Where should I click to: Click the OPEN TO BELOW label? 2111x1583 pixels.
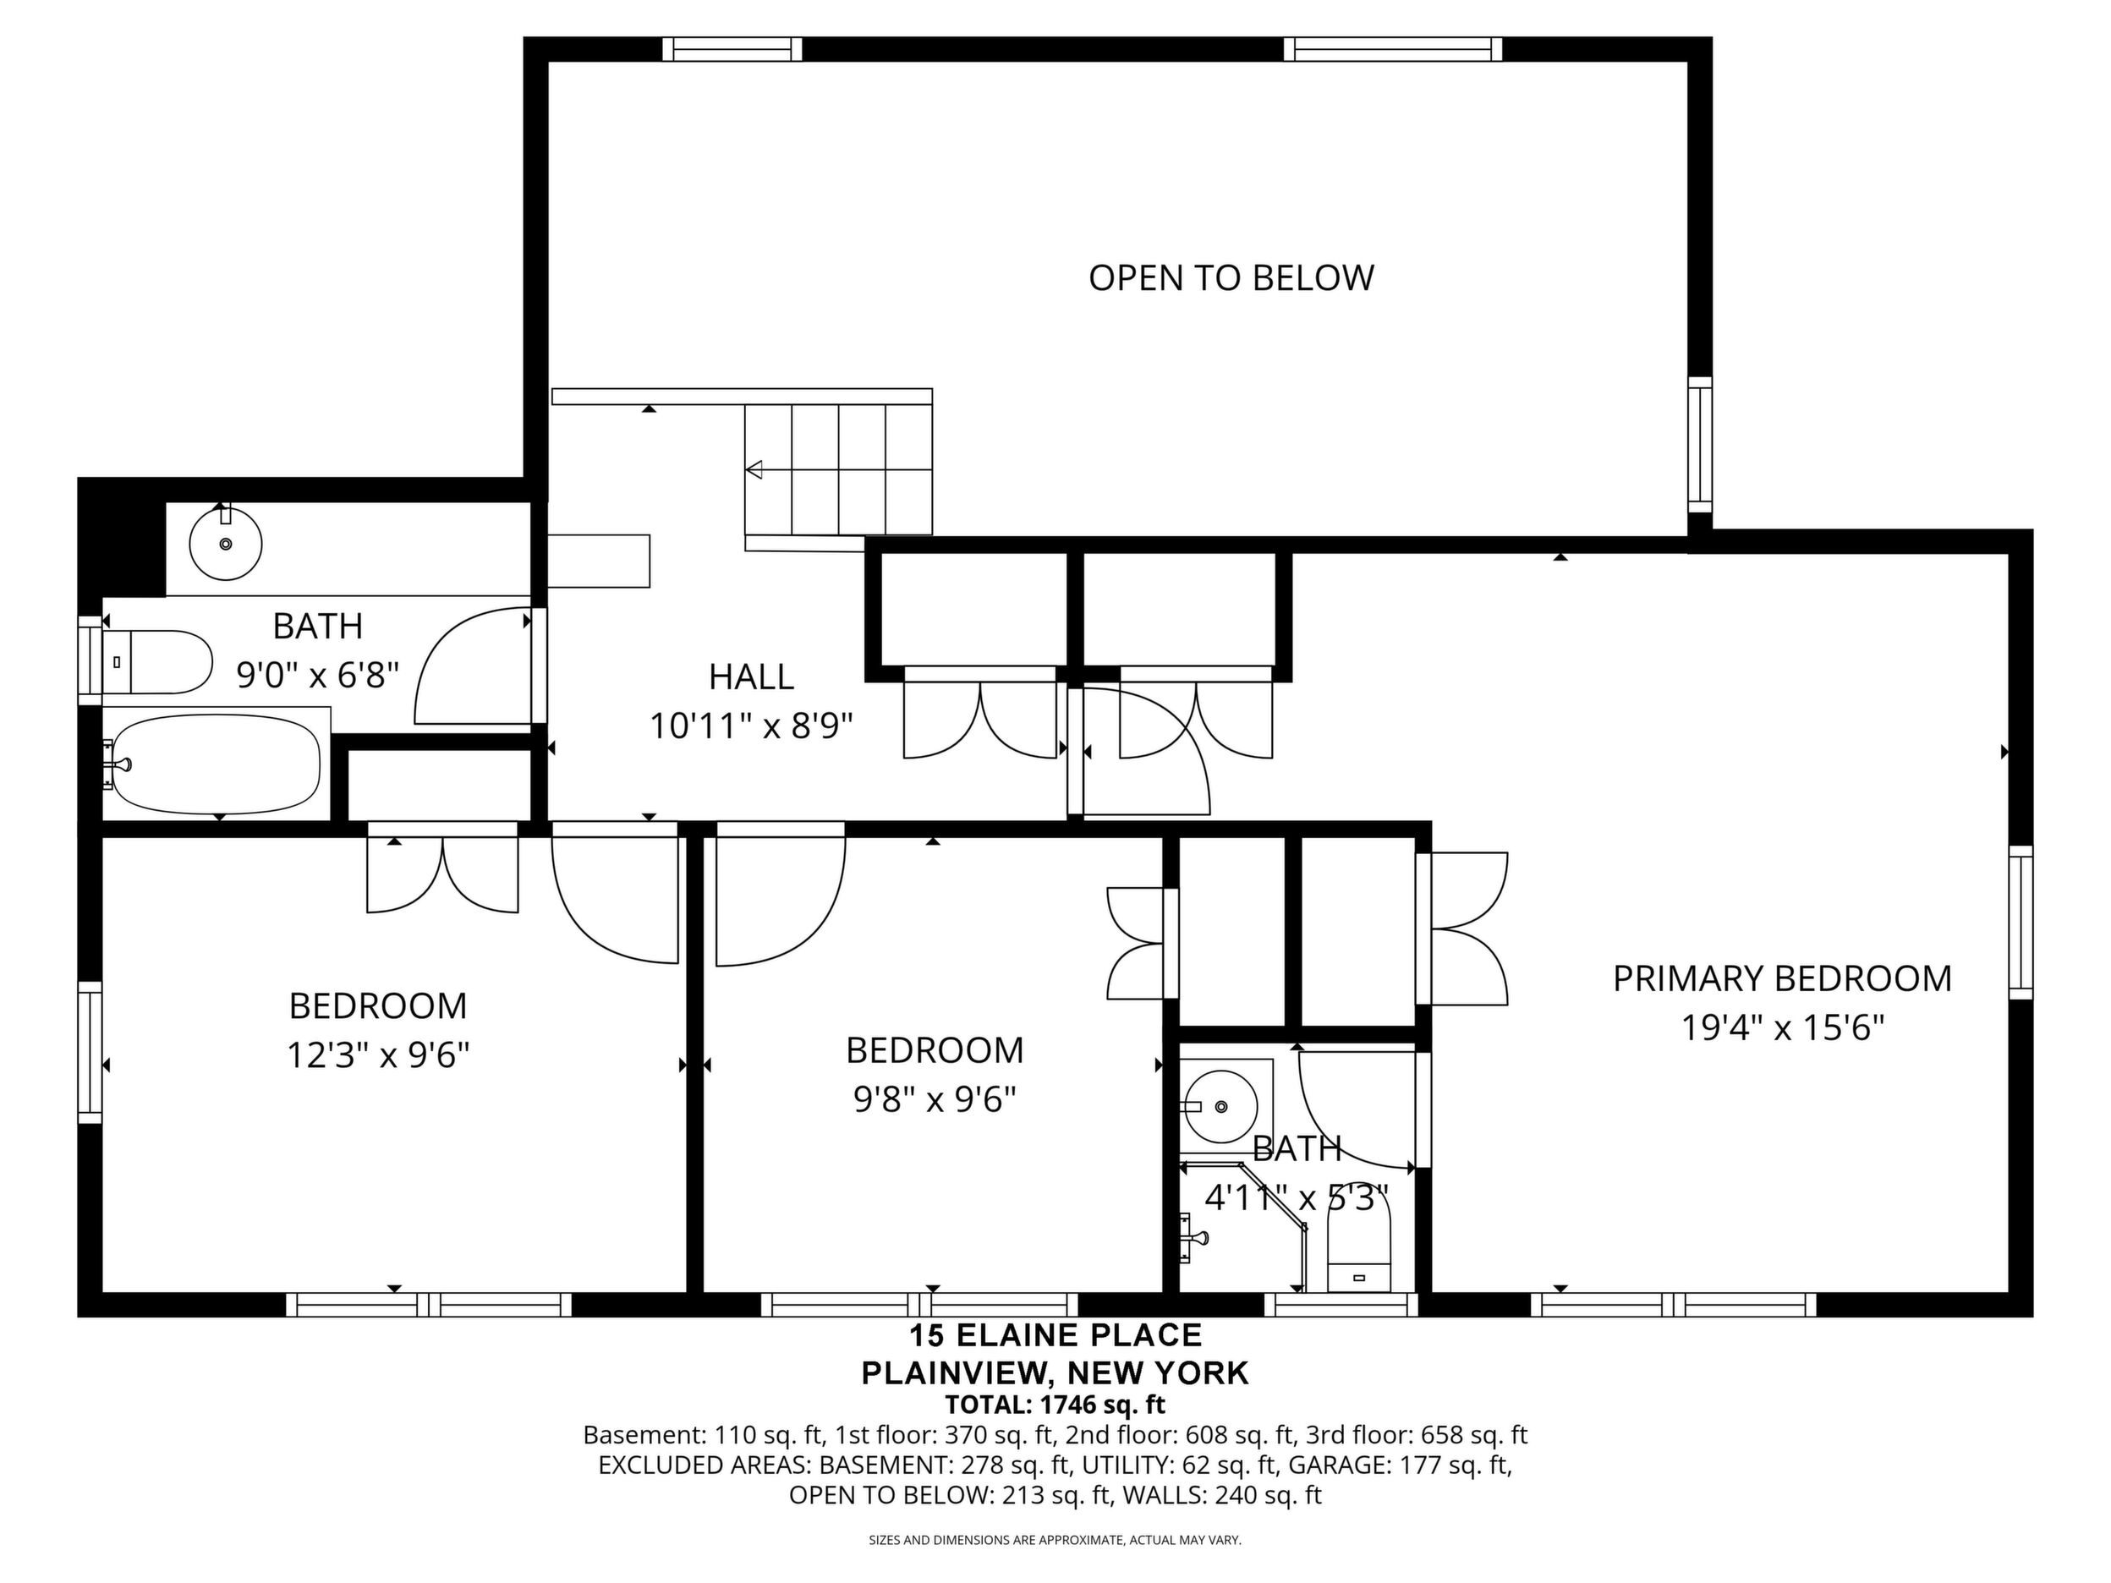1231,277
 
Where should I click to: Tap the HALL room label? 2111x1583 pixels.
751,676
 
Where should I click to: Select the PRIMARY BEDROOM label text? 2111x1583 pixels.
1782,979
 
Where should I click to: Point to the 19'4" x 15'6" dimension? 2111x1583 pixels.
1782,1028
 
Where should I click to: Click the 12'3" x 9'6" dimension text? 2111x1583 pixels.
378,1055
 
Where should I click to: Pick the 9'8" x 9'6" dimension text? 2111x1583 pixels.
935,1099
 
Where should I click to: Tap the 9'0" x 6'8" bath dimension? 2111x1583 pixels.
317,676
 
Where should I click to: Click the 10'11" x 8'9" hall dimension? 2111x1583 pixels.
751,726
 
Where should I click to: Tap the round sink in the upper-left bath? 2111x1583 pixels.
225,543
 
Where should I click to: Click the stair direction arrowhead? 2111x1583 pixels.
754,469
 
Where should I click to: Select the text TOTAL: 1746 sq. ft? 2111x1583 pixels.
1055,1405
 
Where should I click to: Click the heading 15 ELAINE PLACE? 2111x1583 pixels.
1055,1335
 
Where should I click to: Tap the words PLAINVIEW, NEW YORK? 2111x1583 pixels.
1055,1373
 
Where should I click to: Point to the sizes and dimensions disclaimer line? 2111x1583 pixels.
1055,1540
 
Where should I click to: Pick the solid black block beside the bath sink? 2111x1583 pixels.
122,537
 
